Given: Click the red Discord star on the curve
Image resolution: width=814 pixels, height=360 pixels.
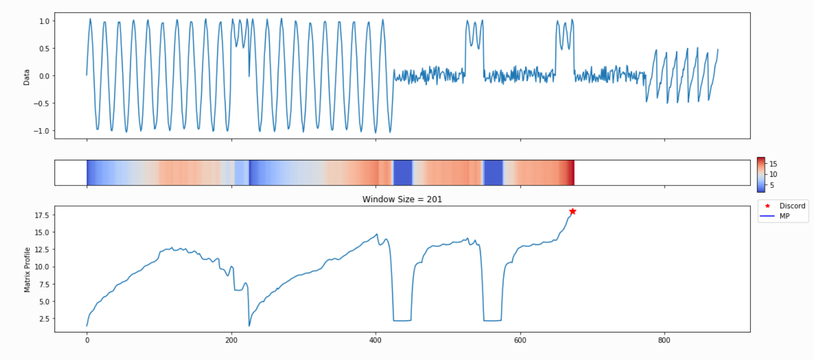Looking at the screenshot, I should click(x=572, y=211).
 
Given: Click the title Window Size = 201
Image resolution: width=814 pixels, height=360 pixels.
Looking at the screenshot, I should click(x=402, y=200).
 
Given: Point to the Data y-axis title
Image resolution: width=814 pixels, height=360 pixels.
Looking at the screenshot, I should click(x=26, y=76).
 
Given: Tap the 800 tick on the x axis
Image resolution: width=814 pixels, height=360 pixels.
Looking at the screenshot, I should click(x=664, y=340).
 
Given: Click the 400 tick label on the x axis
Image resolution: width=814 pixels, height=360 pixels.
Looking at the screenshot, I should click(x=376, y=340).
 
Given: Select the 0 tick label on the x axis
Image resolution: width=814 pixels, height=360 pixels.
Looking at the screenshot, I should click(x=87, y=340).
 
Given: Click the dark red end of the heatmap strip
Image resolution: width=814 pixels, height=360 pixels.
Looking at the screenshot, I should click(x=572, y=173).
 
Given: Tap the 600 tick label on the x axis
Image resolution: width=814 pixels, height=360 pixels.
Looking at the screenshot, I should click(x=520, y=340).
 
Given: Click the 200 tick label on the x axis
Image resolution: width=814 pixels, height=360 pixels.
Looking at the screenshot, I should click(x=231, y=340).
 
